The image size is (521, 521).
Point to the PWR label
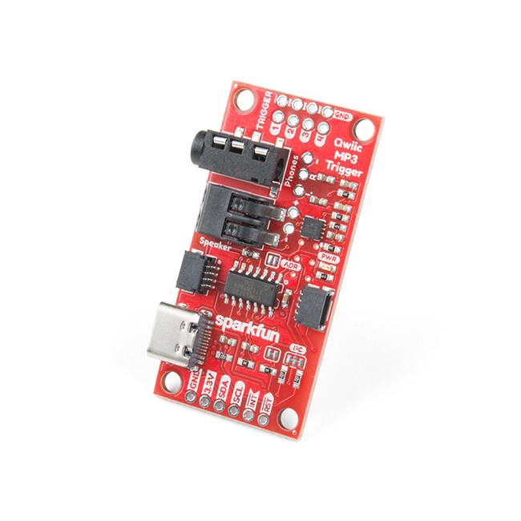pos(329,257)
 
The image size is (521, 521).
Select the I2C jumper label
pos(297,350)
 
